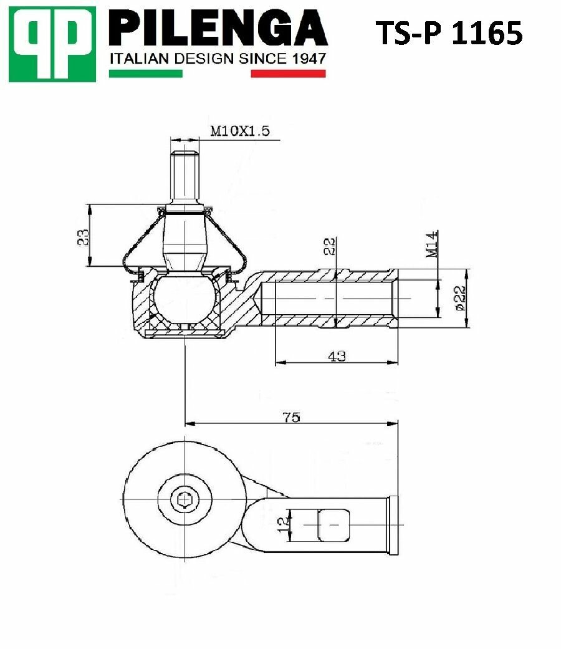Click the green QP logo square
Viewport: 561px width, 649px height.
point(52,44)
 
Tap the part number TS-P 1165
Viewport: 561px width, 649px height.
point(449,33)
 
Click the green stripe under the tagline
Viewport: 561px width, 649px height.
point(146,74)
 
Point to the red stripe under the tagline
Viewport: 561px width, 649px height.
point(289,74)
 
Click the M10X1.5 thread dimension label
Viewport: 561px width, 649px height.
point(240,131)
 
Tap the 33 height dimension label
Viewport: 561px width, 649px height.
point(84,238)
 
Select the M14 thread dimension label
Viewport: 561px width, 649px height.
point(431,244)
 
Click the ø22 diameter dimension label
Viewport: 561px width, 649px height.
point(459,298)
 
